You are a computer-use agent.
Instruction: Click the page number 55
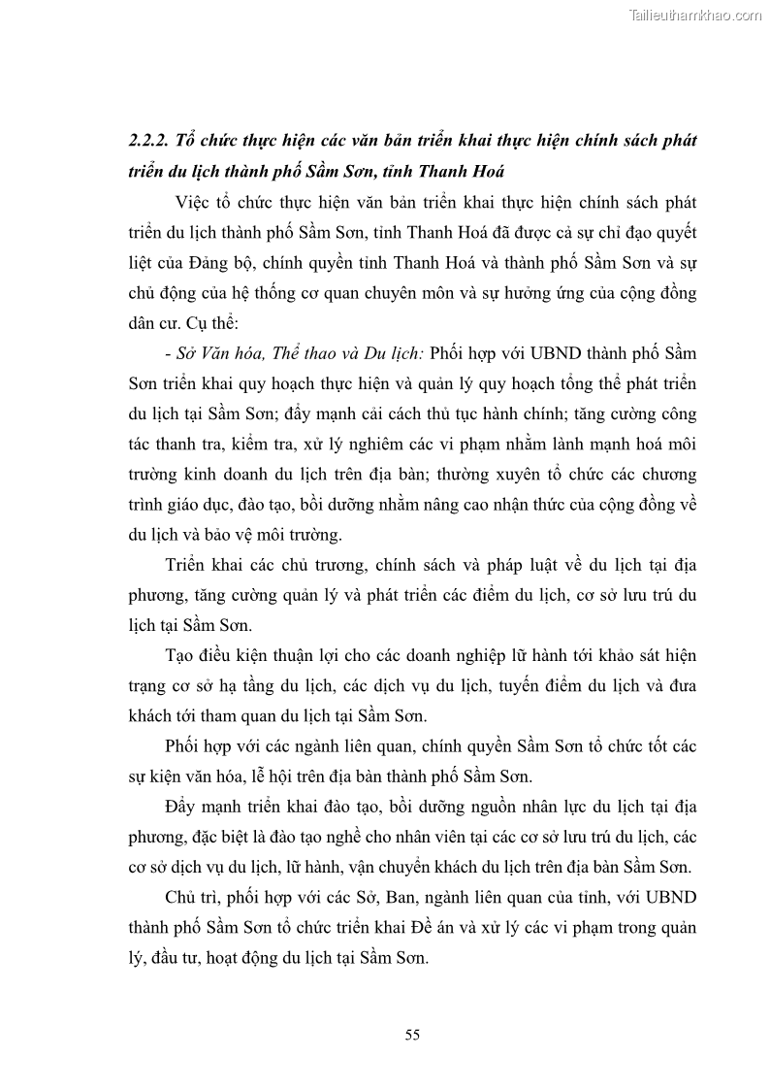click(x=412, y=1035)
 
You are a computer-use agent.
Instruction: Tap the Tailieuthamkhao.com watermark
click(x=696, y=16)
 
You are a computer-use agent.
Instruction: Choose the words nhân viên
click(x=438, y=838)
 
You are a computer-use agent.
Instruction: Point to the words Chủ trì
click(x=194, y=899)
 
